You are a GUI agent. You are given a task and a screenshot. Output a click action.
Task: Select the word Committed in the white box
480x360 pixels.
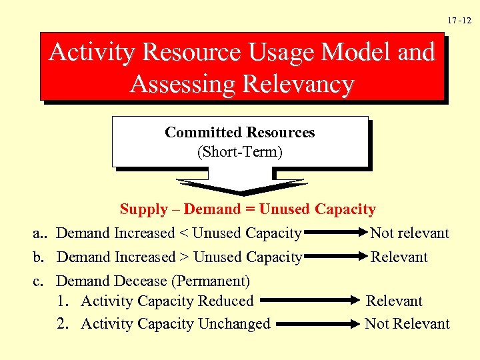pos(203,133)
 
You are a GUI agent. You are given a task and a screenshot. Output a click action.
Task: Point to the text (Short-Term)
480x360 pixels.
pos(240,152)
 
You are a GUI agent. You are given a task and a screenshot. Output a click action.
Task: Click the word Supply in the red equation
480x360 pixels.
pos(143,209)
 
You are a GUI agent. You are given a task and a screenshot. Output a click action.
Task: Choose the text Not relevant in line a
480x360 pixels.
pos(409,233)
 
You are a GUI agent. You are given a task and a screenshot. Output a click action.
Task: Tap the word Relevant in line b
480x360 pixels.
pos(399,257)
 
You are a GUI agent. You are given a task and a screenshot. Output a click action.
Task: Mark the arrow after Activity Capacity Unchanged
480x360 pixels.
pos(317,325)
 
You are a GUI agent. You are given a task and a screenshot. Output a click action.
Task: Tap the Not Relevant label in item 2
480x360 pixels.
pos(407,324)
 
